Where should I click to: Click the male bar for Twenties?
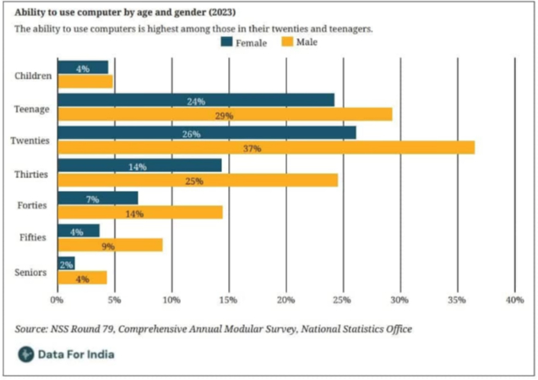coord(266,148)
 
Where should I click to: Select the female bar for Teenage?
coord(196,100)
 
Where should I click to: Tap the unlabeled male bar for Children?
coord(85,82)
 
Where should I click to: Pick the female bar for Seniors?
coord(66,263)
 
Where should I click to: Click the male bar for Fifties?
coord(110,245)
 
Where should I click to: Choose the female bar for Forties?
coord(98,198)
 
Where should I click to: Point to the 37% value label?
coord(253,149)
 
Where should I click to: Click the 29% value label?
coord(224,116)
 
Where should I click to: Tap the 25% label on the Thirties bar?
coord(194,181)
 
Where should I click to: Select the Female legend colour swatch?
coord(226,42)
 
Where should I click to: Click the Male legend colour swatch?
coord(287,42)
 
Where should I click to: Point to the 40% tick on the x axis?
coord(514,300)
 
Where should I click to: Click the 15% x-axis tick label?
coord(229,300)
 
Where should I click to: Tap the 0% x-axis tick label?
coord(57,300)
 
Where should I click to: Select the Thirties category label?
coord(31,174)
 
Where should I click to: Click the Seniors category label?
coord(30,272)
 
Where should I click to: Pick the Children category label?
coord(33,75)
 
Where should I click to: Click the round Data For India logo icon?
coord(26,355)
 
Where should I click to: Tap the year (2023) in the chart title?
coord(222,13)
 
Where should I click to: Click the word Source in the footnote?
coord(31,328)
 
